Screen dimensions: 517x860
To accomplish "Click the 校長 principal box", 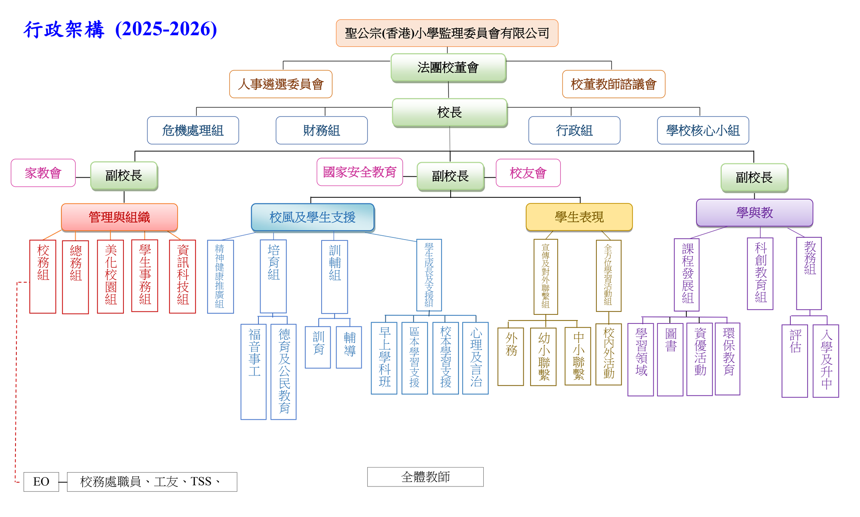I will coord(449,112).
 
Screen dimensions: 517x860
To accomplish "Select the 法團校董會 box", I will coord(448,68).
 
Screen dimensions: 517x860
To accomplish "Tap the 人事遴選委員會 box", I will coord(281,84).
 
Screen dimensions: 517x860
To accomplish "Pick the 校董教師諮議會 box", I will coord(614,84).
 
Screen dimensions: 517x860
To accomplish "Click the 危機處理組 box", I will coord(193,130).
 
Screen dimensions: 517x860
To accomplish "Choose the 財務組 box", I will coord(322,130).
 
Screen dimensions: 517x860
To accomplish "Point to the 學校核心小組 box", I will coord(703,130).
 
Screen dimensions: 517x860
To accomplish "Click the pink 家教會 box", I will coord(43,173).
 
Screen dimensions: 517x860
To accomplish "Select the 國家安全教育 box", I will coord(359,172).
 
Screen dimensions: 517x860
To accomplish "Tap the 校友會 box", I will coord(528,173).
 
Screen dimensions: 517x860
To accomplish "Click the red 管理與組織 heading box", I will coord(119,217).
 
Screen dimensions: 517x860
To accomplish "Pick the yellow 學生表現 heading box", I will coord(579,217).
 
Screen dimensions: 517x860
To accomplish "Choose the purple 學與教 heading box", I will coord(754,212).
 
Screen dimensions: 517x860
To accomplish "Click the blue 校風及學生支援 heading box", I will coord(313,217).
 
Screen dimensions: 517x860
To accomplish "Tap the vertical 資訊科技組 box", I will coord(183,276).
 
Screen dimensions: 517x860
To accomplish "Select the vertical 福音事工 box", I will coord(254,371).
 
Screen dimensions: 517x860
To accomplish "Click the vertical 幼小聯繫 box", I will coord(544,357).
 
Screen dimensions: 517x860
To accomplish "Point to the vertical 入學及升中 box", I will coord(826,360).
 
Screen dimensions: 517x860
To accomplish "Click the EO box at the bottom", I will coord(41,482).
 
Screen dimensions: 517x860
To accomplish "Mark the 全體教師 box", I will coord(425,477).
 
